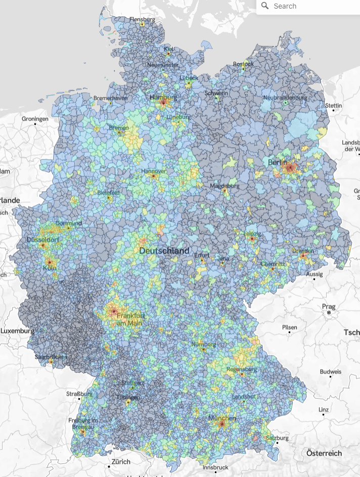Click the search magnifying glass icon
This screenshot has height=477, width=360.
click(x=265, y=6)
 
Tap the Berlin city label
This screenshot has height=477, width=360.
click(x=277, y=162)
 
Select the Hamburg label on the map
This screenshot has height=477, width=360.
click(x=163, y=97)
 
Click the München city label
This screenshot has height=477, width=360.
click(x=222, y=418)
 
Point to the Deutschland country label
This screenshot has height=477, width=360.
click(x=164, y=250)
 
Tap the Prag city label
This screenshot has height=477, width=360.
click(x=329, y=307)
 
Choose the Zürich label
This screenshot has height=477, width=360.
click(x=121, y=462)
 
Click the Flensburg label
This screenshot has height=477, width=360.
click(x=142, y=19)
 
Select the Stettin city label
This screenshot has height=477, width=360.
click(x=334, y=106)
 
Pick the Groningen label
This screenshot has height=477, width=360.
click(x=35, y=119)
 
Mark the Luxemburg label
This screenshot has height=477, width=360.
click(x=17, y=331)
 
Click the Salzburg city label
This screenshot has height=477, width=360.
click(x=277, y=438)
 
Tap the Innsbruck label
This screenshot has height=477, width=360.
click(x=215, y=467)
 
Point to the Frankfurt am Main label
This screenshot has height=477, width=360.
click(x=130, y=319)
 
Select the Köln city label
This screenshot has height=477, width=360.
click(x=50, y=268)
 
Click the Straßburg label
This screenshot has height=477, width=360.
click(x=79, y=394)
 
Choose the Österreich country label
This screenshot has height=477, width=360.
click(x=324, y=453)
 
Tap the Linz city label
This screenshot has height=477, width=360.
click(x=324, y=409)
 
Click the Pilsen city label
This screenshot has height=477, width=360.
click(x=290, y=328)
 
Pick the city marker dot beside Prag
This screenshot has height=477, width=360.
click(x=329, y=313)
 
